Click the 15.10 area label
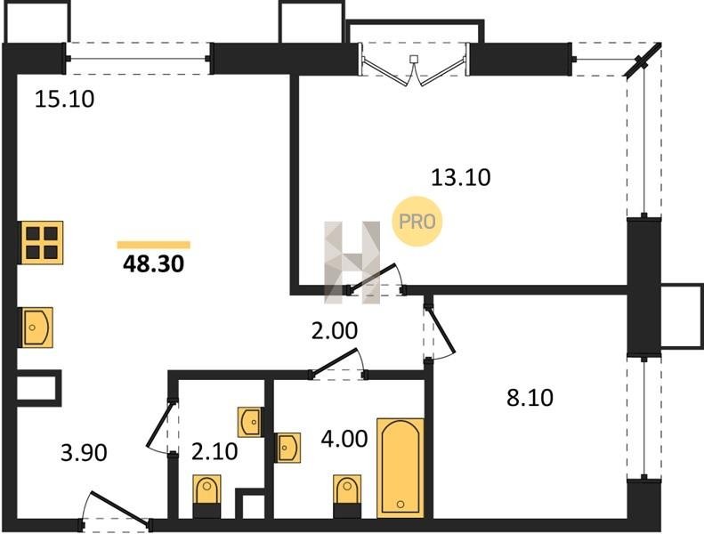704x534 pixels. click(65, 100)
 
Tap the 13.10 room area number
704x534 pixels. click(461, 177)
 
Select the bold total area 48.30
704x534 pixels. click(154, 264)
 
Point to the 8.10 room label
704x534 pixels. click(530, 398)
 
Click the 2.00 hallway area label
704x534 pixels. click(335, 331)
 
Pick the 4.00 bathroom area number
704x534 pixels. click(344, 439)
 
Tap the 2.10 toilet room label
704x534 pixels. click(214, 452)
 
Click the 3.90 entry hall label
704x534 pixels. click(84, 453)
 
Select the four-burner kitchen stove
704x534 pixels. click(40, 242)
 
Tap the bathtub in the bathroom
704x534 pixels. click(401, 467)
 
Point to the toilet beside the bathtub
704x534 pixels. click(347, 496)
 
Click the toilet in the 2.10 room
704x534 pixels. click(207, 496)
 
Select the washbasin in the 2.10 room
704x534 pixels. click(250, 422)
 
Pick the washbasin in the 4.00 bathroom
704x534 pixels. click(287, 448)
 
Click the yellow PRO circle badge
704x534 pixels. click(417, 222)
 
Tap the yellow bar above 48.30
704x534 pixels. click(154, 245)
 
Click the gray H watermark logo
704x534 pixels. click(352, 263)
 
